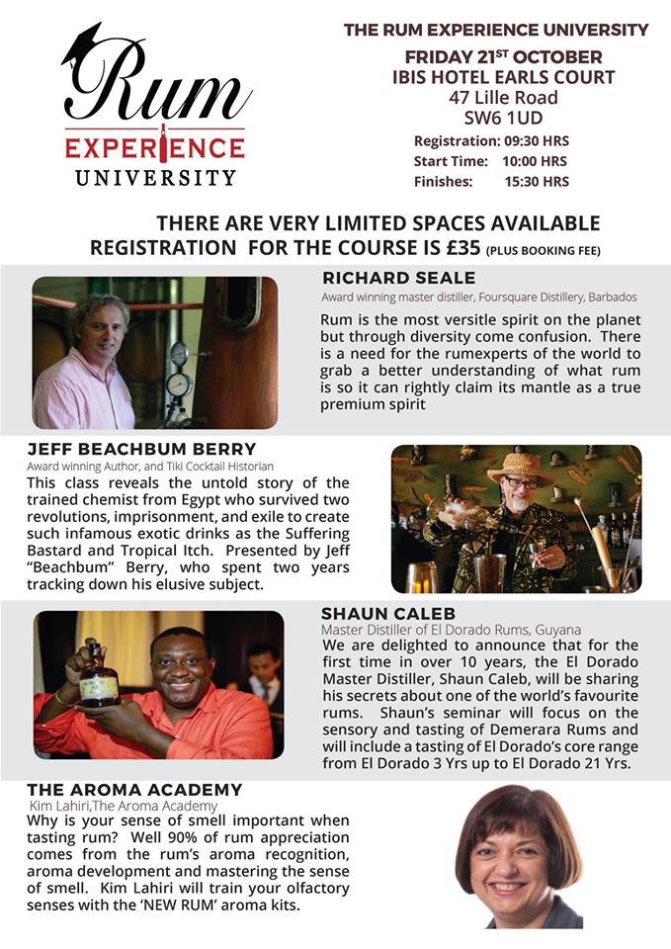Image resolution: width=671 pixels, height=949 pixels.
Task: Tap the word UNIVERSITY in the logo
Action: (x=155, y=178)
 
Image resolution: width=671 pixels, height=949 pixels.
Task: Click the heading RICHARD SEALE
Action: (x=398, y=278)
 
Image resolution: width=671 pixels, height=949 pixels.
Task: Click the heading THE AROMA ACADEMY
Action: (x=134, y=790)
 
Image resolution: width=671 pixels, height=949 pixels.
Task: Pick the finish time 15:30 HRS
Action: (x=537, y=181)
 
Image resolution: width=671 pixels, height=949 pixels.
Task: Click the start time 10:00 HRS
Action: (x=535, y=160)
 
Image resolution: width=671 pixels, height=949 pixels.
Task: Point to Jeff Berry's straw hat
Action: (x=521, y=467)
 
